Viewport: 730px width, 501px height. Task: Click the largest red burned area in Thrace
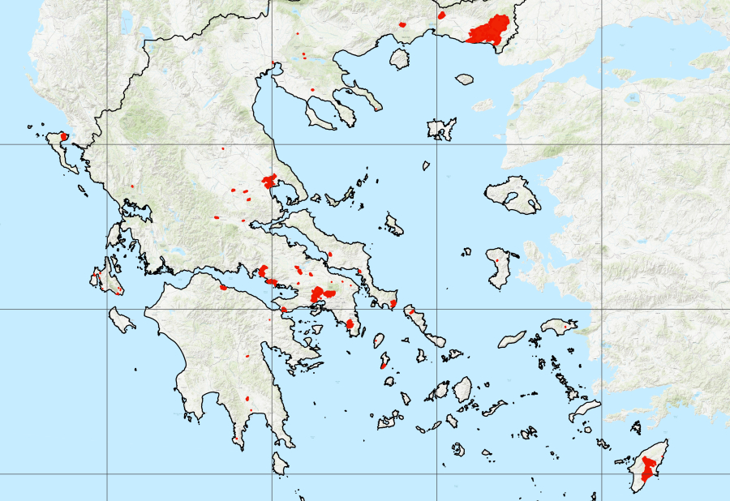488,31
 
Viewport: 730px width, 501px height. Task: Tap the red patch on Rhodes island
647,468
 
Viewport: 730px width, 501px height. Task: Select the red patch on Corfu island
64,136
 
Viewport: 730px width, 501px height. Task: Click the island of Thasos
399,58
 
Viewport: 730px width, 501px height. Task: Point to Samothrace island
464,79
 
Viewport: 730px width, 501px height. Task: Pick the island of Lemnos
441,128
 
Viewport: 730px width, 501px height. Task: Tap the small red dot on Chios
496,259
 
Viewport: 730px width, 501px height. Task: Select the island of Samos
557,327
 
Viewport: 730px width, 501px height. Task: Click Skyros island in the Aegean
394,225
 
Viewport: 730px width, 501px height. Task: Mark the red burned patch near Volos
270,181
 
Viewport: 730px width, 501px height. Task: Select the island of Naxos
462,389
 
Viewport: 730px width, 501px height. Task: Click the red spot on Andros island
411,310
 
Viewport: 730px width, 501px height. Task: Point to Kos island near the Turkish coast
585,411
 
